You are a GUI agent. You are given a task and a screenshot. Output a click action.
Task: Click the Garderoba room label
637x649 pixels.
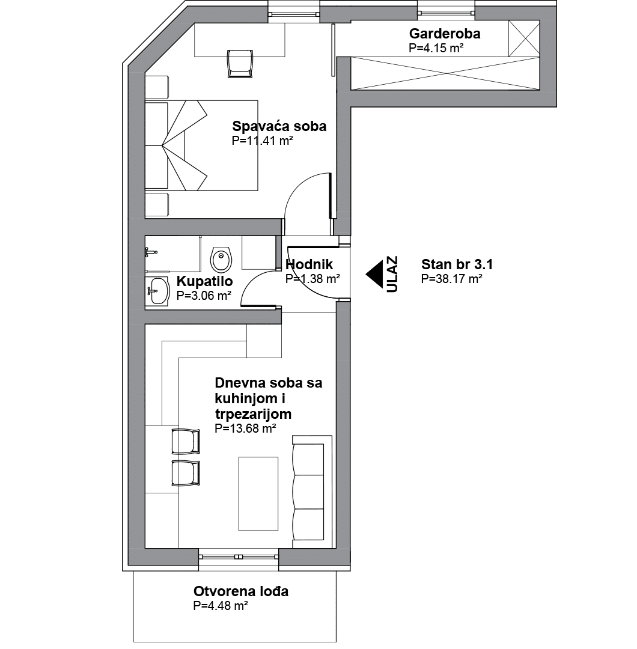point(445,34)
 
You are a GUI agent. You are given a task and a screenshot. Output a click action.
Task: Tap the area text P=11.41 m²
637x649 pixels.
point(263,141)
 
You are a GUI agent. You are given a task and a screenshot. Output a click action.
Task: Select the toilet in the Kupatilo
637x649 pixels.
point(221,260)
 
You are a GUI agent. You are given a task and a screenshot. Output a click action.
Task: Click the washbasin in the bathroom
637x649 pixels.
point(157,291)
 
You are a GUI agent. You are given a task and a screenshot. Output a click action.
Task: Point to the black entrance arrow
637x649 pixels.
point(374,275)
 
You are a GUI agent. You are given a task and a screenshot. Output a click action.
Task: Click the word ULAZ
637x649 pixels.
point(392,275)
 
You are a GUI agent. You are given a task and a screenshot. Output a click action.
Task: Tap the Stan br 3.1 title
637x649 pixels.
point(457,264)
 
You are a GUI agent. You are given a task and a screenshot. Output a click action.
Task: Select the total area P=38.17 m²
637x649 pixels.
point(451,279)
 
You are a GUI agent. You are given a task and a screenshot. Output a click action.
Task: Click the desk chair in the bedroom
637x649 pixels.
point(240,63)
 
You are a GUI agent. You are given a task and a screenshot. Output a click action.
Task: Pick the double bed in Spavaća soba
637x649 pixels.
point(201,145)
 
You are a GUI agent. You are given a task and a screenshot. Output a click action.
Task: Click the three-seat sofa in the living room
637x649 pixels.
point(312,487)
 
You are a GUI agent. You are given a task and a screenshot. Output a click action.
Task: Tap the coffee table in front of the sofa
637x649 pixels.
point(258,493)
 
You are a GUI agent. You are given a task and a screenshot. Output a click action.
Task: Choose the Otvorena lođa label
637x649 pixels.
point(241,591)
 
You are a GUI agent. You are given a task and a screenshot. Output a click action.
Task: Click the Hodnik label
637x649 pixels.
point(309,264)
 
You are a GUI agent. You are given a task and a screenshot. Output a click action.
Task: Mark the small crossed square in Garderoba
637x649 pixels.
point(524,38)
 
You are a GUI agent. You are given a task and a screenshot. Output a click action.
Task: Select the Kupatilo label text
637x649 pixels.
point(204,281)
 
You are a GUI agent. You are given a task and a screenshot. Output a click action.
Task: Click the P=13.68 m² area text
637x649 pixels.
point(245,428)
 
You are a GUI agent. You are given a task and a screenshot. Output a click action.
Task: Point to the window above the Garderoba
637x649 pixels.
point(446,13)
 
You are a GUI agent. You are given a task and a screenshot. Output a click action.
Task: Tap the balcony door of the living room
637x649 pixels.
point(239,556)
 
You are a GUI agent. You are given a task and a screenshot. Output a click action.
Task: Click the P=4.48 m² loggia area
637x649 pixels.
point(221,606)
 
